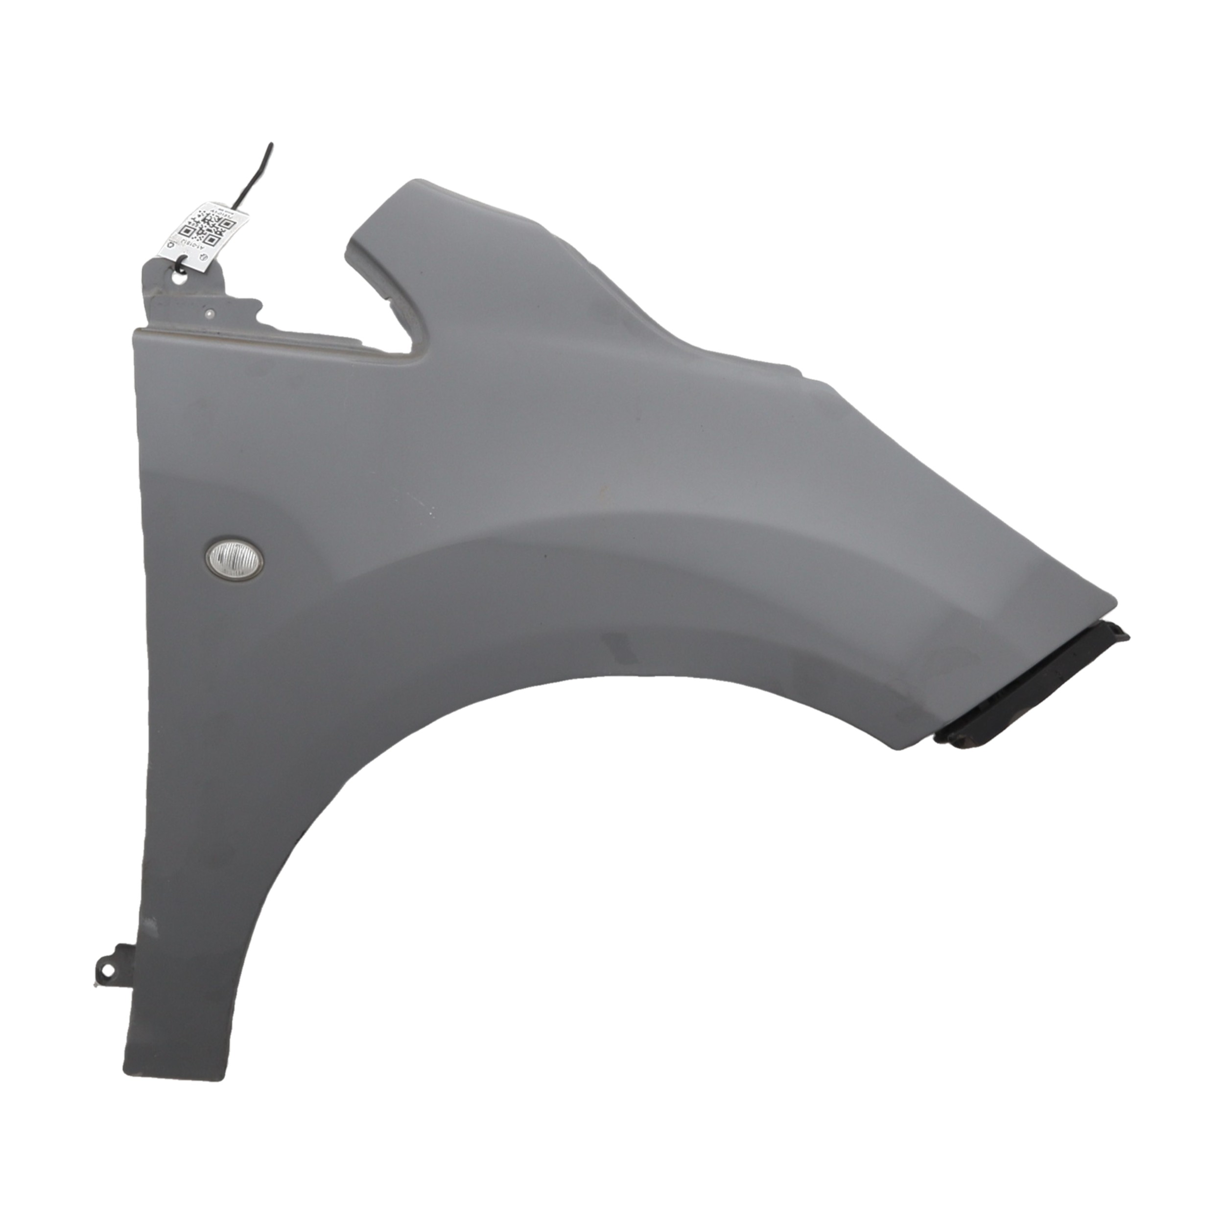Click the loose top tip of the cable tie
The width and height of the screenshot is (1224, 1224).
coord(271,145)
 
